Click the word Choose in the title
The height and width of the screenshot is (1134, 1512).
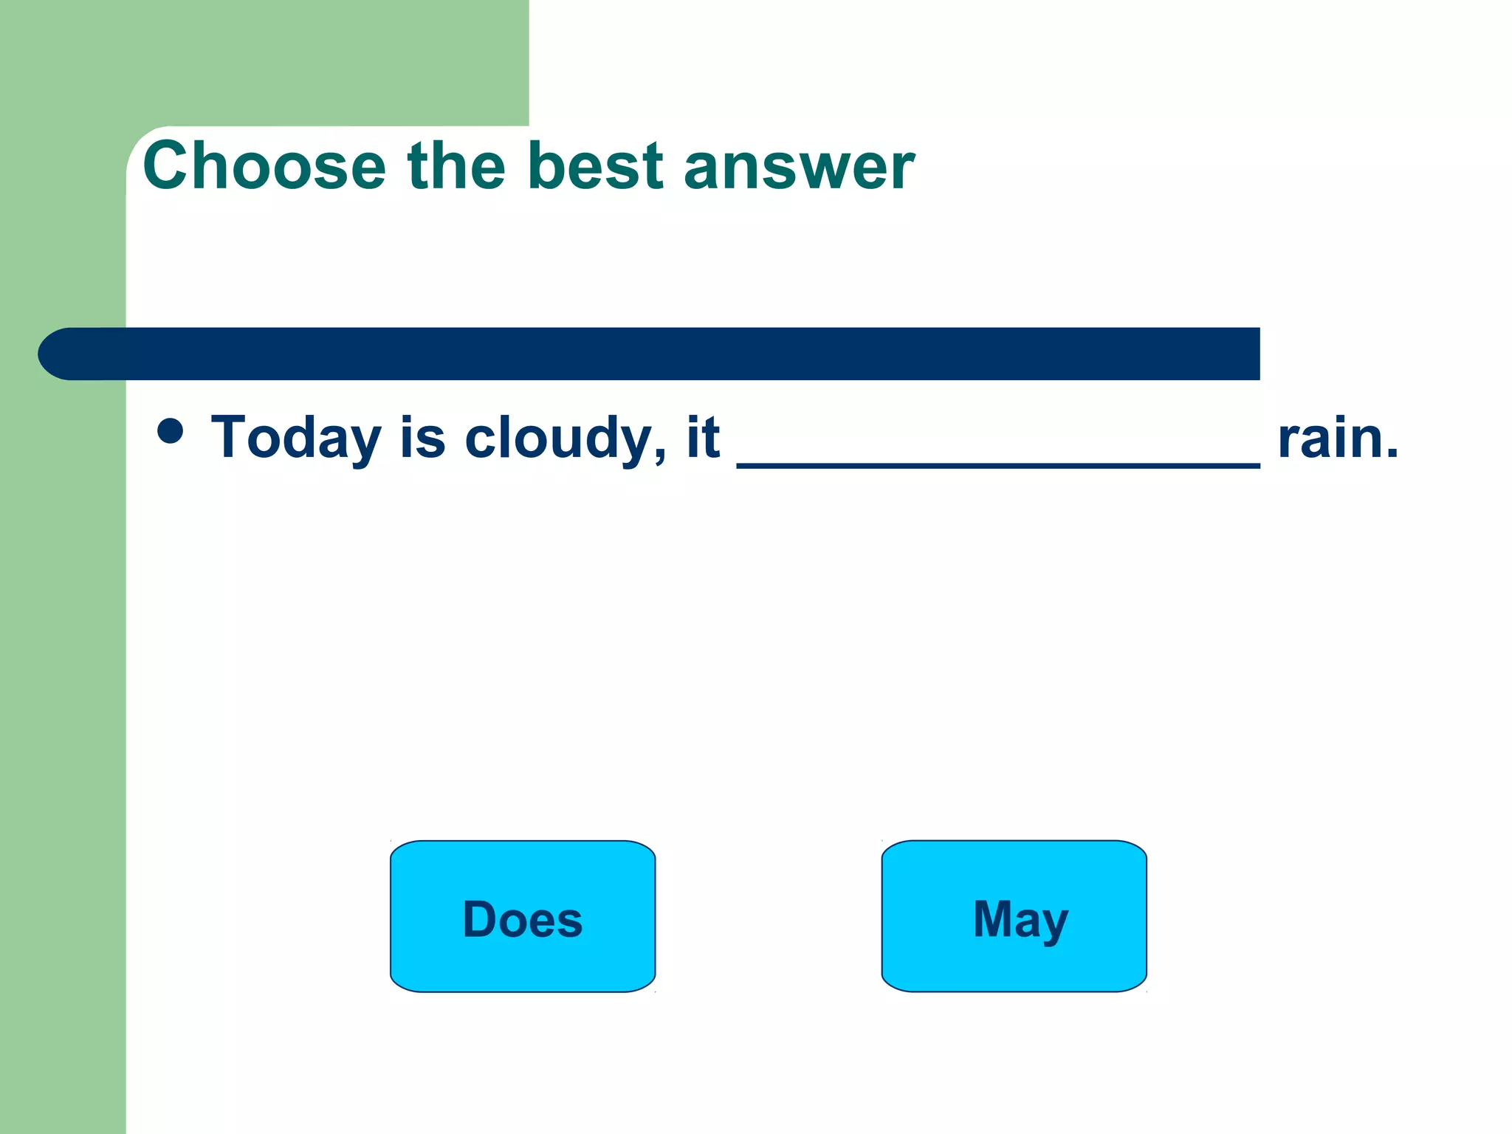pos(264,166)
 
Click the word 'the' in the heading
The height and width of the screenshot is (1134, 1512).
pos(456,166)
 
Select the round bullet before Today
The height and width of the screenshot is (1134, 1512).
pos(171,430)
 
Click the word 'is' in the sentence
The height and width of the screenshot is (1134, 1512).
pos(423,437)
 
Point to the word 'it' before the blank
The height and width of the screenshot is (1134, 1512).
pos(703,437)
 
